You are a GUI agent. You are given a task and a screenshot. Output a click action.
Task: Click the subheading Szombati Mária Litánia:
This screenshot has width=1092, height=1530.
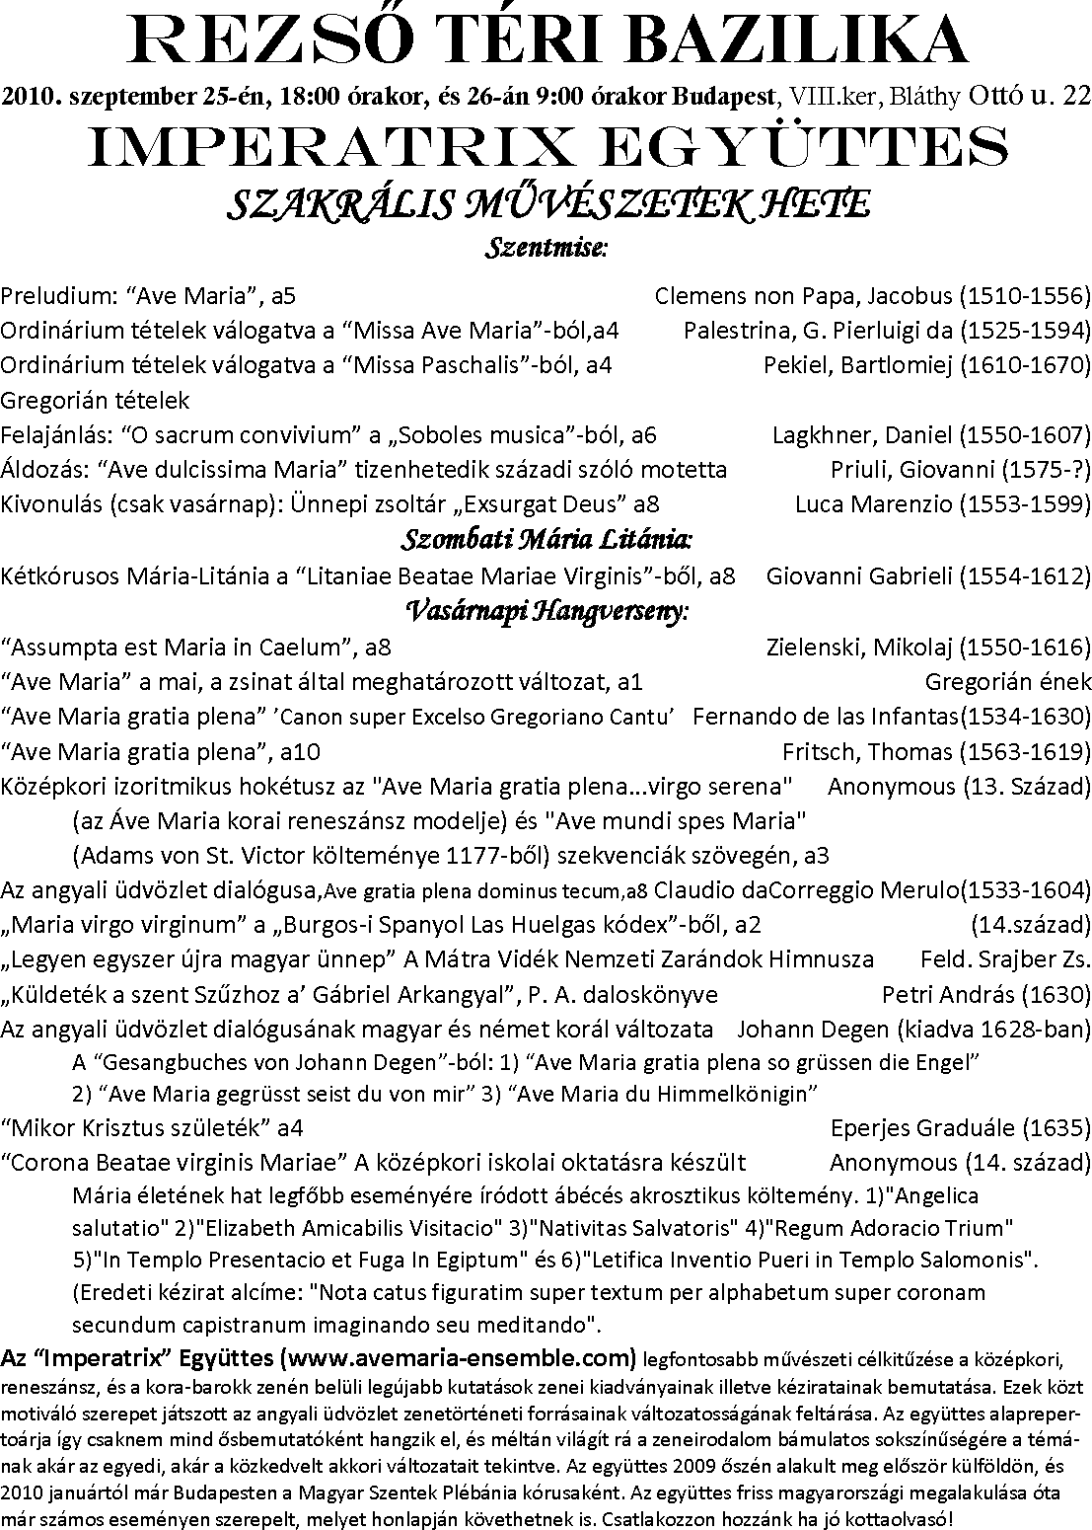click(546, 540)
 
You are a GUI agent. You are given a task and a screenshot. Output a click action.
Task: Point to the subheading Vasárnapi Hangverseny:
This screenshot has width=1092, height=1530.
click(546, 611)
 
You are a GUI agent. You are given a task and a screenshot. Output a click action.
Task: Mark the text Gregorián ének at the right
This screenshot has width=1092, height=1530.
click(1008, 681)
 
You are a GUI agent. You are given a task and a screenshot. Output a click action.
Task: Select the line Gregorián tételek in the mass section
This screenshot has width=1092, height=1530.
click(95, 401)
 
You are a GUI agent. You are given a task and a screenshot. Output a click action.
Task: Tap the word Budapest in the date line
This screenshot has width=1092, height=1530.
click(725, 97)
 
